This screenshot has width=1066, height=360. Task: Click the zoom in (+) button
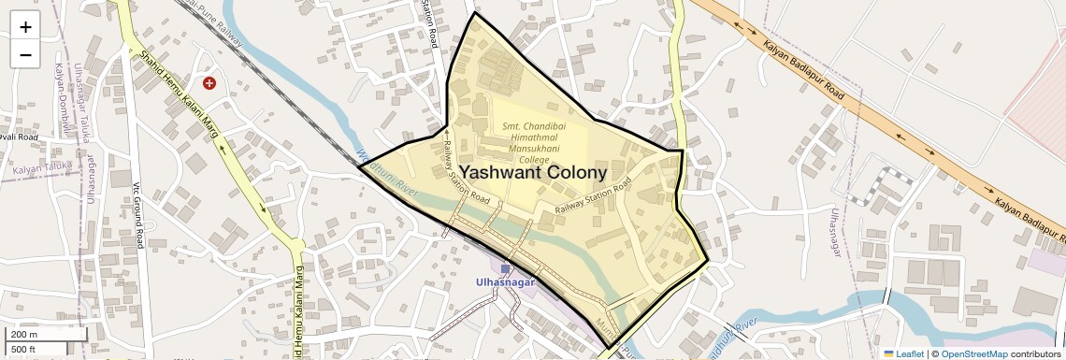tap(25, 26)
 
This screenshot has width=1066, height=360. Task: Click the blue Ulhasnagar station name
tap(505, 281)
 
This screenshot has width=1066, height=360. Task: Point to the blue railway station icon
tap(505, 269)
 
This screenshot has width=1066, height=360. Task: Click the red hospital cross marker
tap(209, 83)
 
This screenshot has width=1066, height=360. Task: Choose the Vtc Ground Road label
tap(136, 215)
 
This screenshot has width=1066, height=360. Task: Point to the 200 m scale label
tap(24, 334)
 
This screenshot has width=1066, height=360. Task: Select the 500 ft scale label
tap(24, 349)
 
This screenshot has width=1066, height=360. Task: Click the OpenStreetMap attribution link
tap(973, 353)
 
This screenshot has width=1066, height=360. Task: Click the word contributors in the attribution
tap(1035, 353)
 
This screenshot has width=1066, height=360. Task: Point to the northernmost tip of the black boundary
tap(475, 13)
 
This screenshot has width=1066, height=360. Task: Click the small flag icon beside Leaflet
tap(889, 353)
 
